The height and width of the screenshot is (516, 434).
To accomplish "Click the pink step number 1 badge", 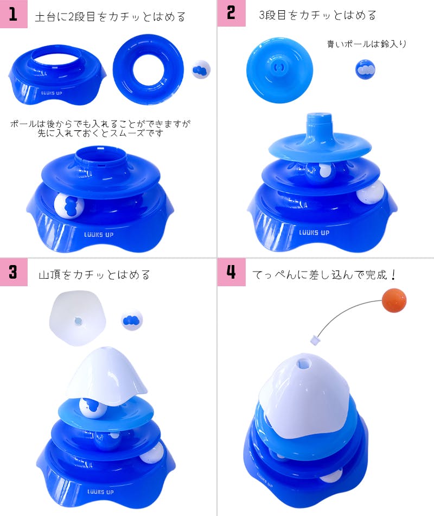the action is [14, 14].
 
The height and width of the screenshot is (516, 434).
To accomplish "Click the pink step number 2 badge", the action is [231, 13].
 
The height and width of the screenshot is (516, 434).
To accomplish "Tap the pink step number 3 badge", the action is [14, 272].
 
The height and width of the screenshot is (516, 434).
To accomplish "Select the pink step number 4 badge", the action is [231, 272].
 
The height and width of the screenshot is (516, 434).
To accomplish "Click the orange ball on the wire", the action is [394, 300].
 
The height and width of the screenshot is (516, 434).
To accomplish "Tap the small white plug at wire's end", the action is [315, 340].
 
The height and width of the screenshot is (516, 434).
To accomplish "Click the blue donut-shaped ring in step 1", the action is [148, 70].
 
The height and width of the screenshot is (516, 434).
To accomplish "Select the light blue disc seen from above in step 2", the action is [279, 70].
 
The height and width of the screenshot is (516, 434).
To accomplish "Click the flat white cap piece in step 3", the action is [78, 318].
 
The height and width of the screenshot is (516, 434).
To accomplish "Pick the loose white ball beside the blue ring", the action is [201, 70].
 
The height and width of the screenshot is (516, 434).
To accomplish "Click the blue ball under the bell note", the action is [365, 70].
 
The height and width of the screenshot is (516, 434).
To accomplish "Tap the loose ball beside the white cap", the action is [131, 320].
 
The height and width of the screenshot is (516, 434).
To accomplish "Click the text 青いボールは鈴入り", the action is [367, 44].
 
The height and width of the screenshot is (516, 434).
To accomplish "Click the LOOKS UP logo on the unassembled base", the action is [52, 93].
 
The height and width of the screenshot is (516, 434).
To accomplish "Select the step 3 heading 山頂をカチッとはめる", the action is [94, 274].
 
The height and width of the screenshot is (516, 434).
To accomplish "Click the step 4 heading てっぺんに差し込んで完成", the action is [324, 274].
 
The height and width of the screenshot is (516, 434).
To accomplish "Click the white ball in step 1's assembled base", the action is [69, 205].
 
